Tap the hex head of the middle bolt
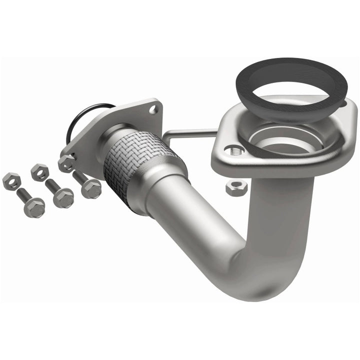(64, 198)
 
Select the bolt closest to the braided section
(91, 188)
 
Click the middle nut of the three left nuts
(39, 172)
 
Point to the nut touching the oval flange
(66, 163)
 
